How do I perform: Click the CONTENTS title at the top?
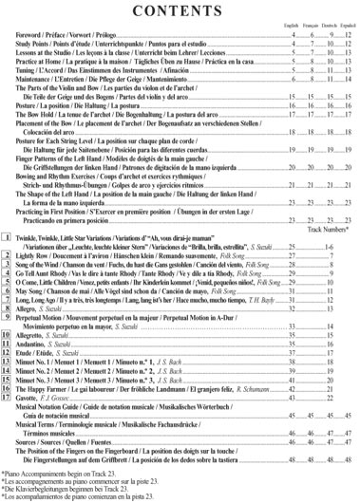(x=180, y=13)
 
